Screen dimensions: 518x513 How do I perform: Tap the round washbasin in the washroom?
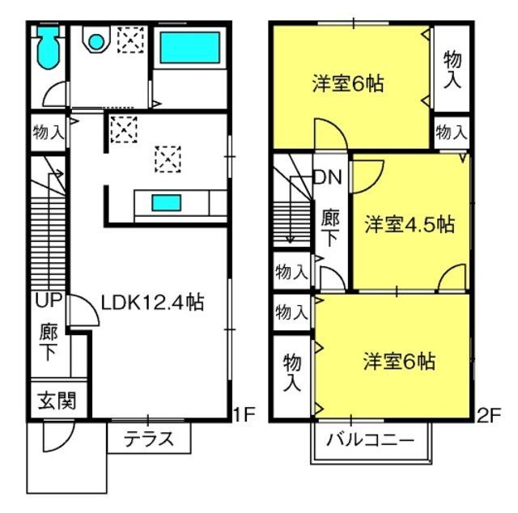pyautogui.click(x=96, y=42)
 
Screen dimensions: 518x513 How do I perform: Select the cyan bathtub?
pyautogui.click(x=189, y=48)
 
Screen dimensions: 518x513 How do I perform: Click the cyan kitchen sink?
pyautogui.click(x=166, y=202)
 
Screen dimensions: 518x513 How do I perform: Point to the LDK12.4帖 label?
pyautogui.click(x=152, y=302)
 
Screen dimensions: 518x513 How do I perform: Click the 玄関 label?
pyautogui.click(x=57, y=401)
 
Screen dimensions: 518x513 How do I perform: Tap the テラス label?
pyautogui.click(x=149, y=439)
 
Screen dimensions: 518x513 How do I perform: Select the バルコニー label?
pyautogui.click(x=371, y=440)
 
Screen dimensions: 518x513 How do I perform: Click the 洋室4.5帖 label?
pyautogui.click(x=410, y=225)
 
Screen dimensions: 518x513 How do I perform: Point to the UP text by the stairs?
pyautogui.click(x=49, y=300)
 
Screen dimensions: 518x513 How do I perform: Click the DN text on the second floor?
pyautogui.click(x=327, y=177)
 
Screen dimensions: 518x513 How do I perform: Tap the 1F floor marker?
pyautogui.click(x=244, y=414)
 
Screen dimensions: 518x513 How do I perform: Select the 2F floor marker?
pyautogui.click(x=490, y=415)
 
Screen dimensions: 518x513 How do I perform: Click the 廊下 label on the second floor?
pyautogui.click(x=330, y=227)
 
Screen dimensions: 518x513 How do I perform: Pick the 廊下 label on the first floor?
pyautogui.click(x=49, y=342)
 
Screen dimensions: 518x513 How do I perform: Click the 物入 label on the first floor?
pyautogui.click(x=49, y=132)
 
